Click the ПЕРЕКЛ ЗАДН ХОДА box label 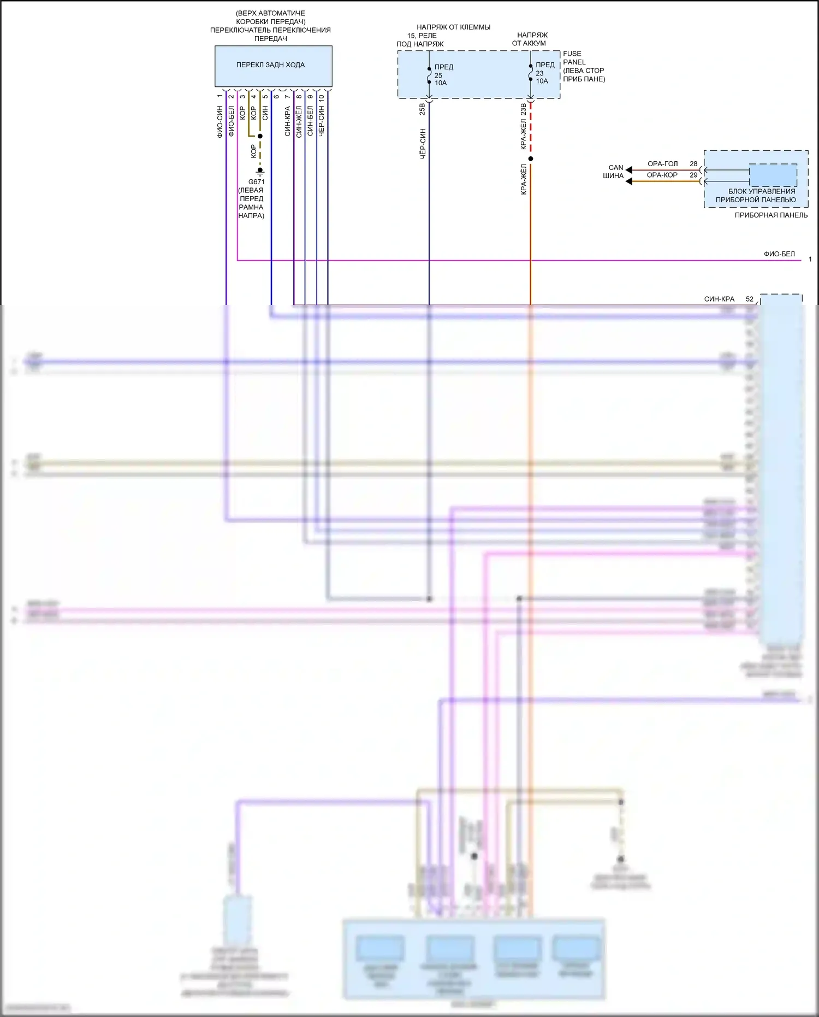[x=270, y=65]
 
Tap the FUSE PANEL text [x=574, y=58]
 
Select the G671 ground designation [x=257, y=182]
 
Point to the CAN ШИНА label [x=614, y=172]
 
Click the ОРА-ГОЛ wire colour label [x=662, y=164]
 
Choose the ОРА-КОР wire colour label [x=662, y=175]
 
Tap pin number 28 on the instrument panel [x=693, y=164]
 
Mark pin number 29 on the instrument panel [x=693, y=175]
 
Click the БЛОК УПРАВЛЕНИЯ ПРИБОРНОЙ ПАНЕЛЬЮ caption [x=756, y=196]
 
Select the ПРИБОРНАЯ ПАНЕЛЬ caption [x=771, y=215]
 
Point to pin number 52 [x=750, y=299]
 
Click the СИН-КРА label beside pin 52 [x=719, y=299]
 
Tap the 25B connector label [x=422, y=109]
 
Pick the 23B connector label [x=523, y=109]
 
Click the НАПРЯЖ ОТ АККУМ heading [x=530, y=39]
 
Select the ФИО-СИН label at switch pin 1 [x=220, y=122]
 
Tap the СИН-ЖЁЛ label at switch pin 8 [x=299, y=122]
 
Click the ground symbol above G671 [x=260, y=171]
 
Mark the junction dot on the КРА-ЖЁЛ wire [x=531, y=159]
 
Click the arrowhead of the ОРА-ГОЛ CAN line [x=629, y=170]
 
